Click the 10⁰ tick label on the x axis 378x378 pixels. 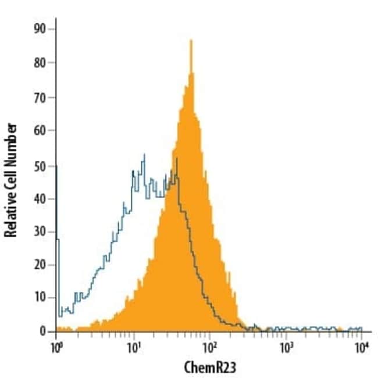[x=56, y=347]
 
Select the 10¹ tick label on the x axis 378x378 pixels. [x=133, y=347]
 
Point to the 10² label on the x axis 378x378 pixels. [x=210, y=347]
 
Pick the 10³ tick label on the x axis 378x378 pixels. [x=286, y=347]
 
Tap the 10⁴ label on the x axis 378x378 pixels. [x=362, y=347]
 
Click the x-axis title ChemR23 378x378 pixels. [x=209, y=367]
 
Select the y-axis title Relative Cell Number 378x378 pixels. [x=10, y=180]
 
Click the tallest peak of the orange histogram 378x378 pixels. [x=191, y=41]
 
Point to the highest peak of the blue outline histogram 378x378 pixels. [x=144, y=155]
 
